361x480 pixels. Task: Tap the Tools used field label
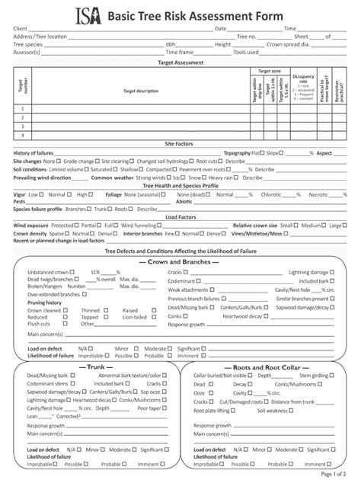247,53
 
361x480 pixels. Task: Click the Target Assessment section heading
180,62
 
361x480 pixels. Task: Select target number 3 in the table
22,126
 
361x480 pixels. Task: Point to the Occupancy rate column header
303,79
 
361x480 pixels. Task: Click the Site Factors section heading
180,143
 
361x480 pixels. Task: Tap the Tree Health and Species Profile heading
180,185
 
